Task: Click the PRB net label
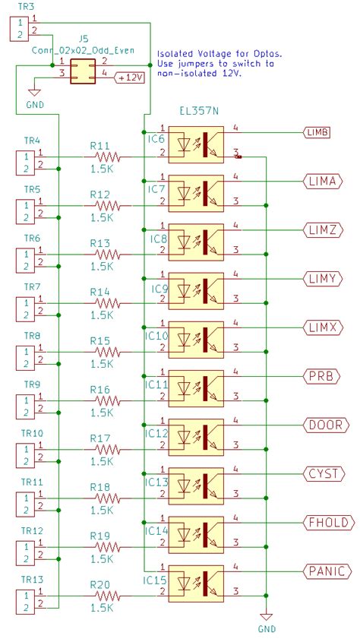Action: pyautogui.click(x=321, y=376)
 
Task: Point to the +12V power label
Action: pyautogui.click(x=129, y=78)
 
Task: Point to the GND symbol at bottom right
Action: pyautogui.click(x=266, y=619)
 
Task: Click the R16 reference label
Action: pyautogui.click(x=100, y=389)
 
